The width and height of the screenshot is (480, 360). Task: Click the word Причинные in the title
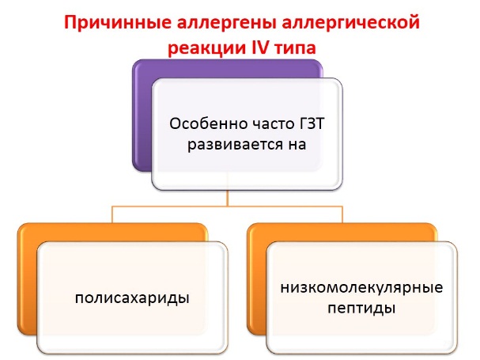(x=118, y=24)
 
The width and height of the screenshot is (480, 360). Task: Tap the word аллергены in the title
(x=227, y=24)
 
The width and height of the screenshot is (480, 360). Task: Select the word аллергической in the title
(x=350, y=24)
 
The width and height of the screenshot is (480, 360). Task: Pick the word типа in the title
(x=296, y=48)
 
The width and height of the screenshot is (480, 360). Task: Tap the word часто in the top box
(x=273, y=124)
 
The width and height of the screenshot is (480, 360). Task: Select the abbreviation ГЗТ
(x=311, y=123)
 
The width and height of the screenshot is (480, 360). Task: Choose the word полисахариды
(x=132, y=297)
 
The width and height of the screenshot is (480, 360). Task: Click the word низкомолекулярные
(x=361, y=288)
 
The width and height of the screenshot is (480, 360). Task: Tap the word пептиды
(x=361, y=308)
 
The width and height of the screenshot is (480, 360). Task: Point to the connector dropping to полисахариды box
(x=112, y=214)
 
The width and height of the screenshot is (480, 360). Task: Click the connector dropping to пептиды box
(x=342, y=214)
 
